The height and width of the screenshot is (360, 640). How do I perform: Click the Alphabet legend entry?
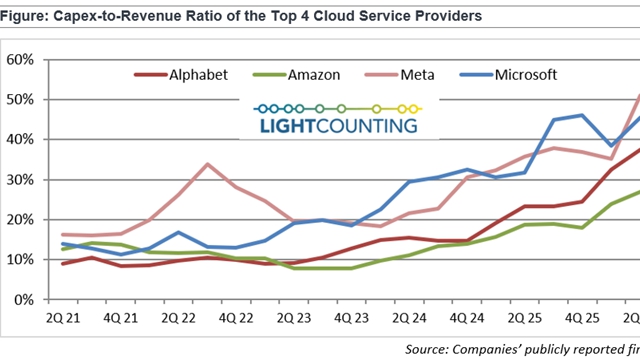point(181,75)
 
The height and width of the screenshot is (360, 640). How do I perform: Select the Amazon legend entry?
point(297,75)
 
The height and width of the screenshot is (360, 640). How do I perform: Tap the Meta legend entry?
point(400,75)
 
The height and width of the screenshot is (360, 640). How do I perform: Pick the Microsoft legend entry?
point(509,75)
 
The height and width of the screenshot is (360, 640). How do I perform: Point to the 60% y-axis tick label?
point(20,60)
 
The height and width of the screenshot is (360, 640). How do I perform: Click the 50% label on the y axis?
point(20,100)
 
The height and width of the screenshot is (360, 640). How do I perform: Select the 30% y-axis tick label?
point(20,180)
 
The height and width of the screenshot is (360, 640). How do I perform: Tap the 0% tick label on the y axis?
point(24,300)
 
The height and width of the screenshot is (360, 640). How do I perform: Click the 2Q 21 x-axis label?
point(63,318)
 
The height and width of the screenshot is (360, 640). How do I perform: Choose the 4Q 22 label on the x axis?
point(236,318)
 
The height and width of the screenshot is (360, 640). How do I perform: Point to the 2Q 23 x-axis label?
point(294,318)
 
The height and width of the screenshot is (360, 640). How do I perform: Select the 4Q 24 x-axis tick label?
point(467,318)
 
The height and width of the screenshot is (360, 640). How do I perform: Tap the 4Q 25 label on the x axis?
point(582,318)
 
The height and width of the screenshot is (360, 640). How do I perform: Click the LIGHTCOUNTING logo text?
point(339,126)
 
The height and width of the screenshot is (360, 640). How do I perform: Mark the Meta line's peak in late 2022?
point(207,164)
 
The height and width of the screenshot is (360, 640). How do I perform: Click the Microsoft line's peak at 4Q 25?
point(582,116)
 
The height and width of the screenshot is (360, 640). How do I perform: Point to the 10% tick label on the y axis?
point(20,260)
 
